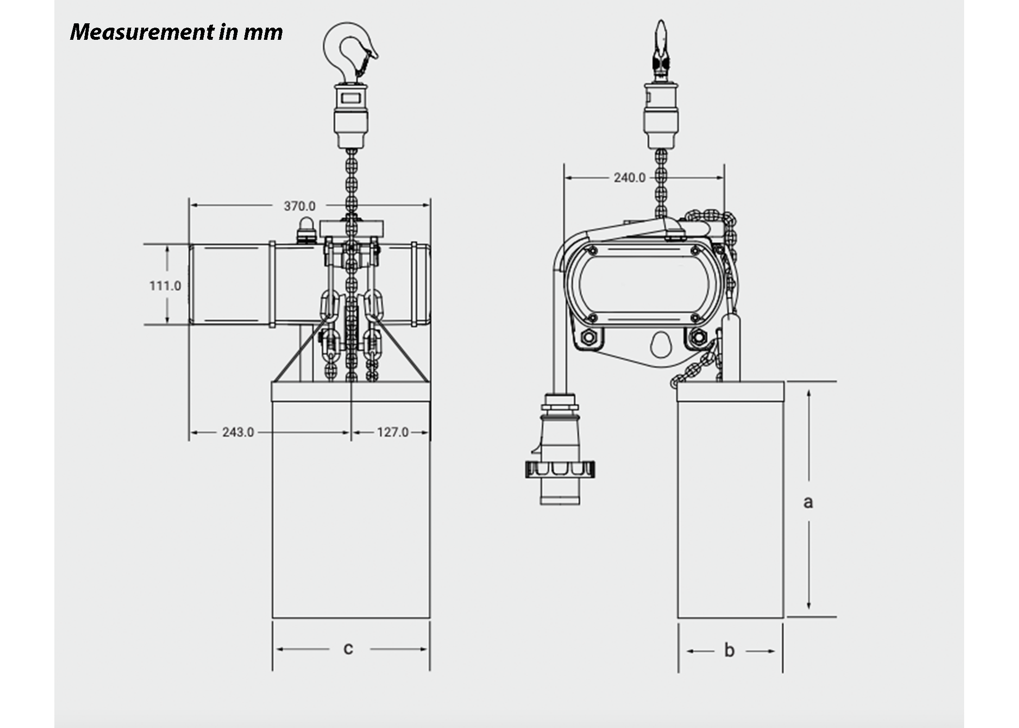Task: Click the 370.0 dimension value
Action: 299,206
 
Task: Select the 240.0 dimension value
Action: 629,178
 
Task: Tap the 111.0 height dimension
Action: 165,286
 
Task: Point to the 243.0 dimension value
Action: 238,432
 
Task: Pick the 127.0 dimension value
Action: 393,432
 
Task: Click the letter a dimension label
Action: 808,502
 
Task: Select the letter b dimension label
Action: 729,651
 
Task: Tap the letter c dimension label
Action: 348,649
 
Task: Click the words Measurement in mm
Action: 177,32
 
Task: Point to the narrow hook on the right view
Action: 660,49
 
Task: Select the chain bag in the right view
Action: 730,500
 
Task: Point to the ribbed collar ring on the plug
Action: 560,469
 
